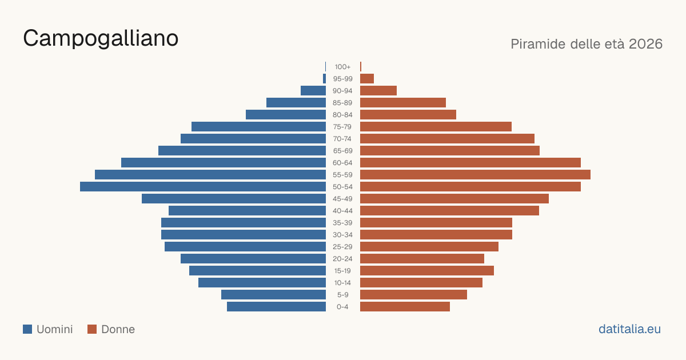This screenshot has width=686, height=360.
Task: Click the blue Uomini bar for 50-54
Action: [203, 187]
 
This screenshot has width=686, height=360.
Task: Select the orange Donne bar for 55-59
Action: [475, 175]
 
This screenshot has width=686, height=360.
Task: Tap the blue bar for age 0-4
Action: [276, 307]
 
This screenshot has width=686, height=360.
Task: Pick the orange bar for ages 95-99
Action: [367, 79]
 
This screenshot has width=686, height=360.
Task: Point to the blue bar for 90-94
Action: [313, 91]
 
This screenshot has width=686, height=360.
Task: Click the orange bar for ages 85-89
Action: [403, 102]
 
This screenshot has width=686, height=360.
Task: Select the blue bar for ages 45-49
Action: [234, 199]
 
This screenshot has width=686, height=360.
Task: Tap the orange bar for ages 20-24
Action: [422, 259]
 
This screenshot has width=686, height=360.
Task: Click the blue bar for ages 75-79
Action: [259, 127]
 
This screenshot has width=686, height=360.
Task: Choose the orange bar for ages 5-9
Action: [413, 295]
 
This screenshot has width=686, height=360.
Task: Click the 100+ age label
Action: [342, 67]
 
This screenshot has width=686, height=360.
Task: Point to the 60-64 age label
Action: [342, 163]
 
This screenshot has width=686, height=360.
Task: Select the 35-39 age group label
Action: [342, 223]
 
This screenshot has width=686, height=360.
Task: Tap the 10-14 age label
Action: [342, 283]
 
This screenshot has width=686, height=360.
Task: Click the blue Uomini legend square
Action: [27, 329]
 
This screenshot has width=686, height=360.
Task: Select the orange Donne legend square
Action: [92, 329]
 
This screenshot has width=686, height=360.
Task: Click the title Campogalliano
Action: [101, 39]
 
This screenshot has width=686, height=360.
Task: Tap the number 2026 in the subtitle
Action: [645, 44]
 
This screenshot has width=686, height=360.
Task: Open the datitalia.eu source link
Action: [629, 329]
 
